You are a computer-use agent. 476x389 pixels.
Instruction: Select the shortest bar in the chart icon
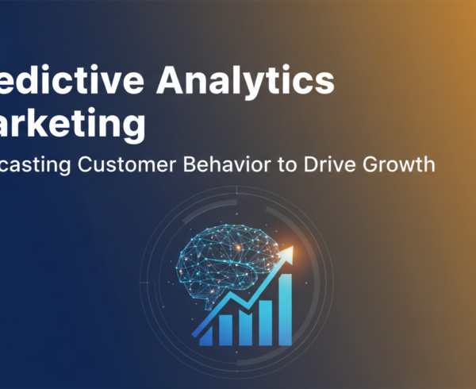(x=205, y=335)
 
